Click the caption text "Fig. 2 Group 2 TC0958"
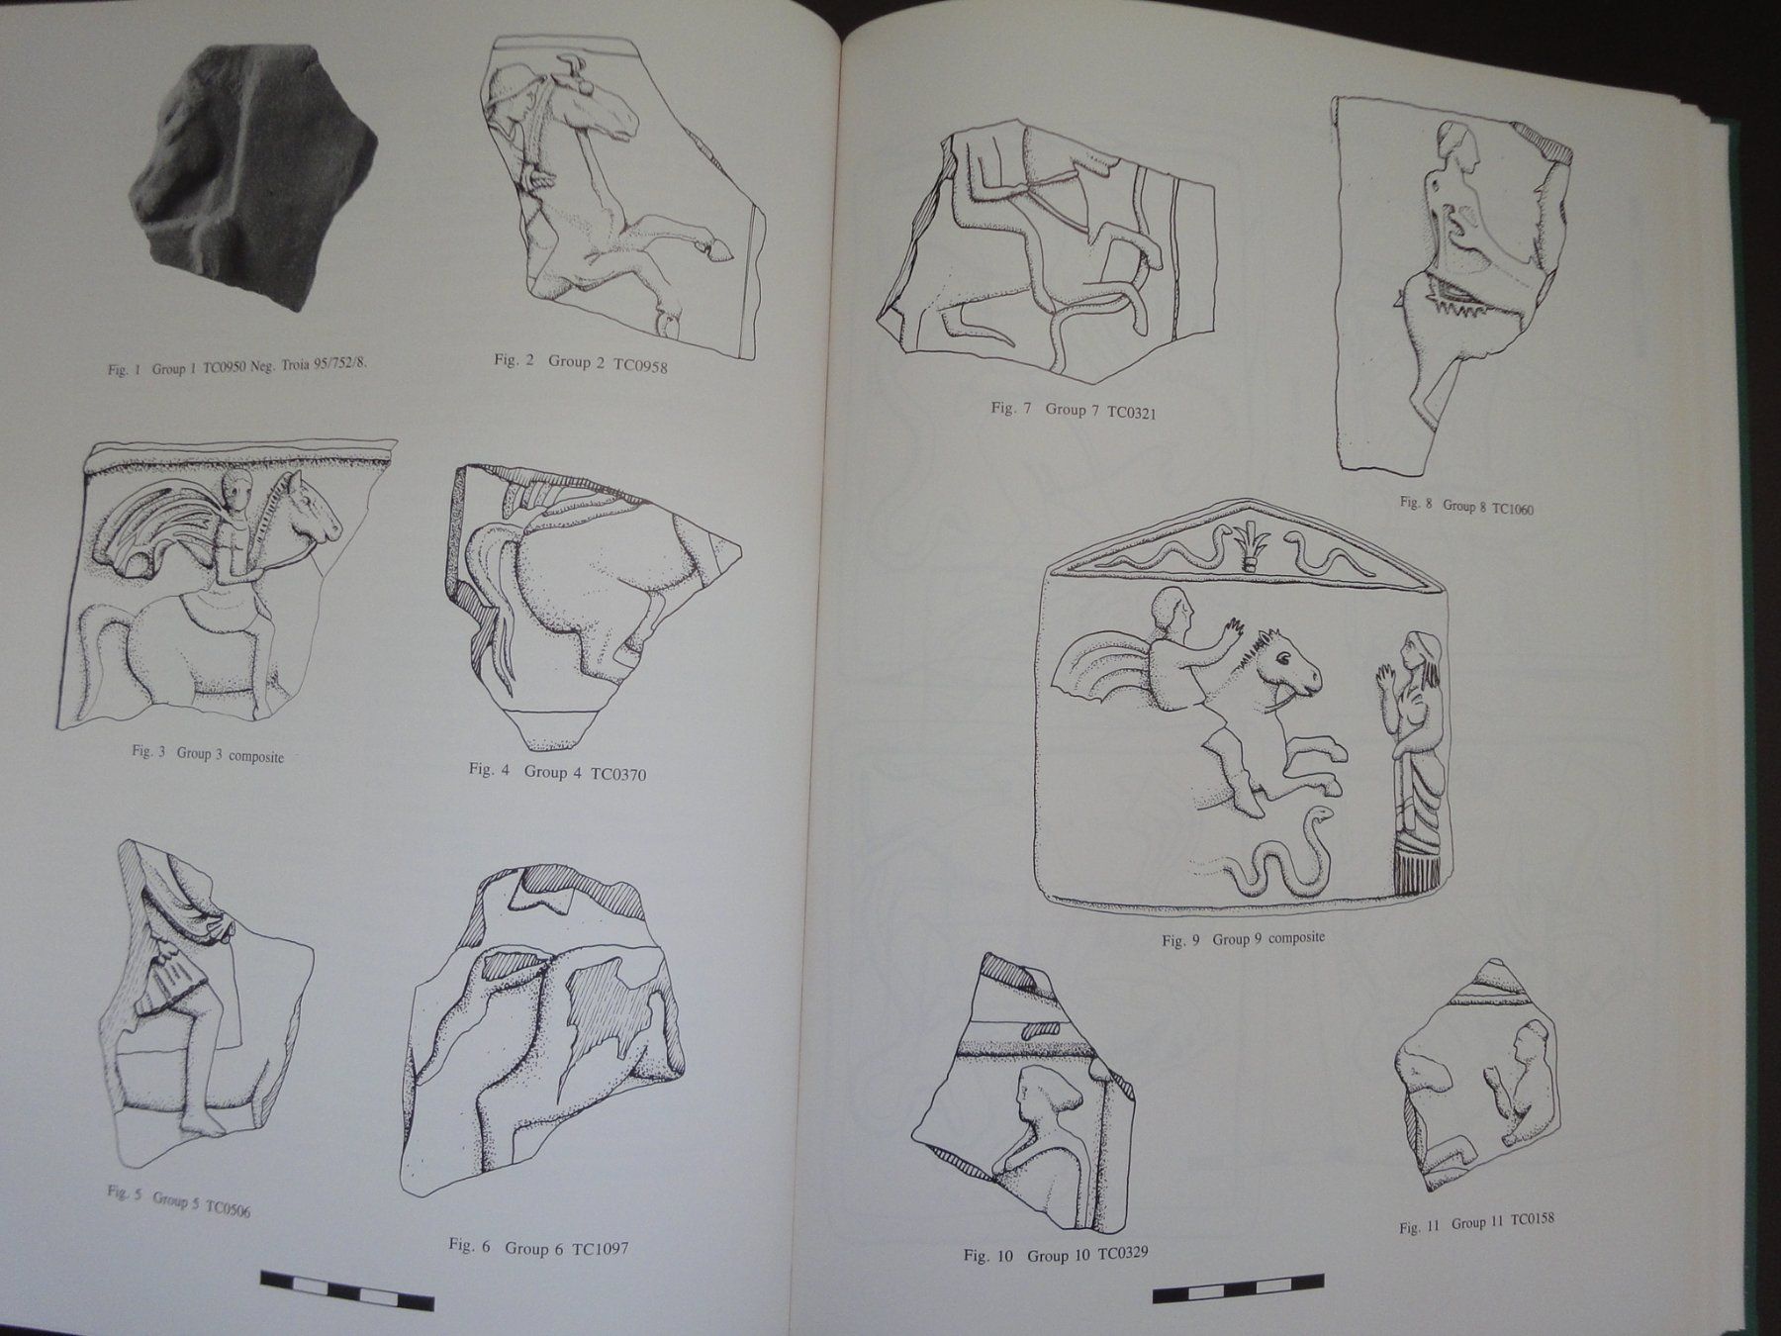pyautogui.click(x=581, y=363)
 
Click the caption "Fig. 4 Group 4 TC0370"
pyautogui.click(x=558, y=771)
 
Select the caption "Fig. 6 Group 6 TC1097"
pyautogui.click(x=538, y=1247)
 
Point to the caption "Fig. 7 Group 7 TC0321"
pyautogui.click(x=1074, y=410)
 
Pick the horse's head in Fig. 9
pyautogui.click(x=1286, y=663)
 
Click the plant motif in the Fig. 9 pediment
pyautogui.click(x=1253, y=547)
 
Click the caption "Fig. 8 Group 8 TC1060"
pyautogui.click(x=1465, y=506)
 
